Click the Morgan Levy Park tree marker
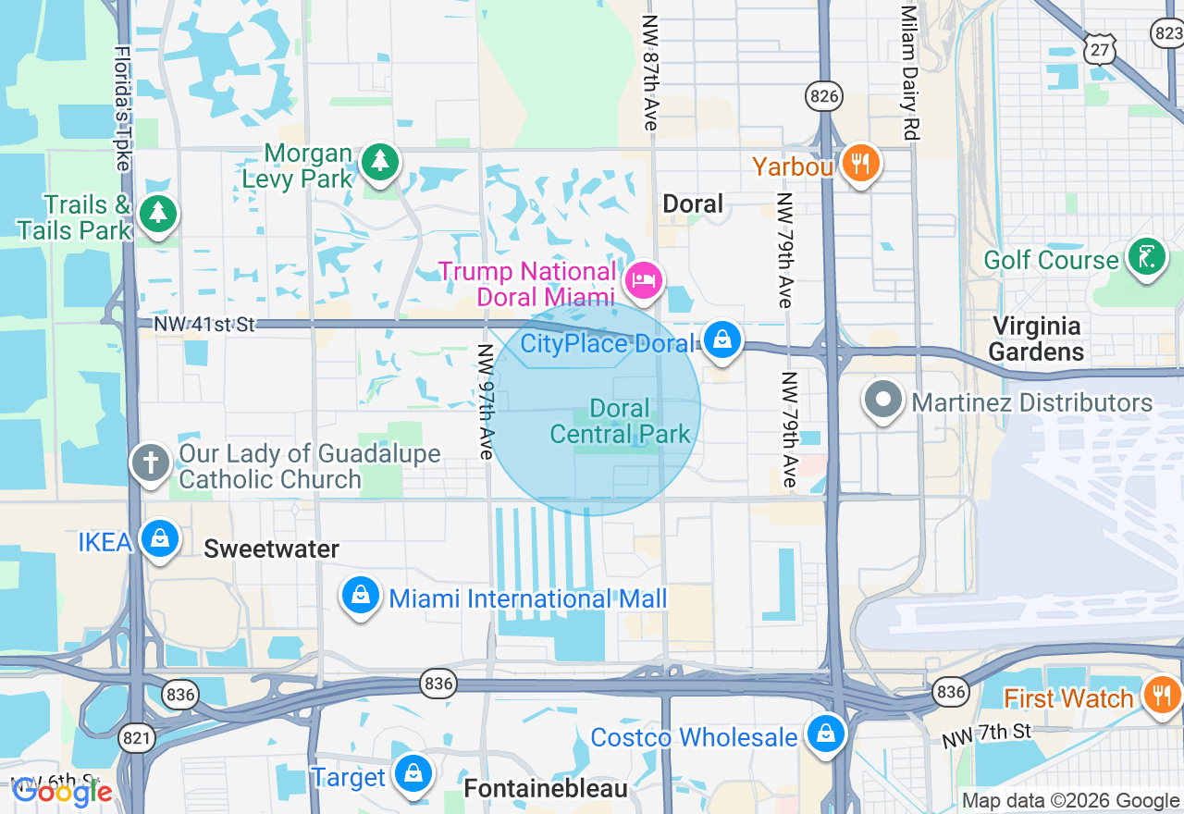(379, 162)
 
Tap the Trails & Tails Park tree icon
(159, 214)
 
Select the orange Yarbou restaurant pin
(861, 164)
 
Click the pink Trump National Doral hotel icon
(643, 279)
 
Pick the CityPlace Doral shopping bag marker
(721, 340)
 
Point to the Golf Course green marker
(1147, 256)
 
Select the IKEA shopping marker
(159, 538)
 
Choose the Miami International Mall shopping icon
(361, 596)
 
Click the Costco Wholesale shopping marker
(825, 734)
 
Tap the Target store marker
(413, 774)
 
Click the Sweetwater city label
(271, 549)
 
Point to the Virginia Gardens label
(1036, 339)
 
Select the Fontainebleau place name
(545, 789)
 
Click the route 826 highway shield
(822, 95)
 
